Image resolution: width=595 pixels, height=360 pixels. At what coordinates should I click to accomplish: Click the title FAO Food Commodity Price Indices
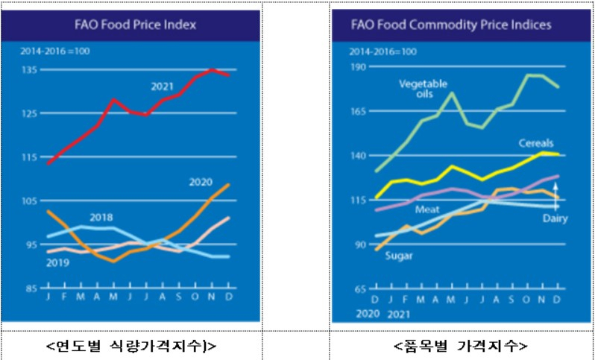click(x=451, y=25)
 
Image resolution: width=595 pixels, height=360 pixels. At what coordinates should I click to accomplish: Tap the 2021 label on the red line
click(x=162, y=87)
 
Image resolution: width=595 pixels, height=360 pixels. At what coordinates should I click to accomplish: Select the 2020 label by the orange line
click(x=201, y=182)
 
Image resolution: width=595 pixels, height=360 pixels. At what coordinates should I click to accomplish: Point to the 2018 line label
click(x=101, y=218)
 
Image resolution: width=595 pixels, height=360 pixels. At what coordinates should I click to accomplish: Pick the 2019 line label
click(x=57, y=263)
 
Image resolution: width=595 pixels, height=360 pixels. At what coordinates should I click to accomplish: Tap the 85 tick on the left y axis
click(x=29, y=288)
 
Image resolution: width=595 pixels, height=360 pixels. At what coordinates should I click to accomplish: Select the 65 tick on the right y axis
click(x=359, y=289)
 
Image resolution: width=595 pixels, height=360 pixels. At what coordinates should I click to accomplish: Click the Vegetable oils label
click(x=423, y=89)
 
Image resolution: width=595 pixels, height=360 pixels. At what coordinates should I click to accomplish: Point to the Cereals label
click(x=536, y=143)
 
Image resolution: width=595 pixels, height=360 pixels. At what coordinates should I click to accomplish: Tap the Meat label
click(x=427, y=209)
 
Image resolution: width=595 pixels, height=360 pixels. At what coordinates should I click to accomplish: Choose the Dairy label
click(x=555, y=218)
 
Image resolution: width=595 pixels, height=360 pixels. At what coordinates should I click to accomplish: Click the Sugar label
click(x=399, y=256)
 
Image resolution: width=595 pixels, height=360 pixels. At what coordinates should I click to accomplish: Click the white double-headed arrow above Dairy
click(x=555, y=197)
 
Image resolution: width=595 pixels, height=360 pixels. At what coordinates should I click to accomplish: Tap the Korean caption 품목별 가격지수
click(x=460, y=346)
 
